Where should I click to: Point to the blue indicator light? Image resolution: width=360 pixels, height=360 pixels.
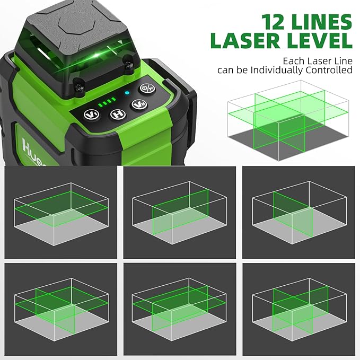[127, 93]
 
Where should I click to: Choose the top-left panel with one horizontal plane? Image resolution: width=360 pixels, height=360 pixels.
[62, 212]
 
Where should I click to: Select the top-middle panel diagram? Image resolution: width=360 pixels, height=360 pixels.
[180, 212]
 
